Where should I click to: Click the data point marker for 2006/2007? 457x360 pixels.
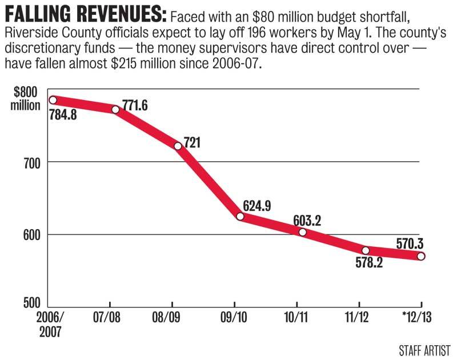pyautogui.click(x=53, y=100)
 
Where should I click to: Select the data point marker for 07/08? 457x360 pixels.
pyautogui.click(x=115, y=109)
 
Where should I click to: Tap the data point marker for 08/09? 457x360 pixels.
pyautogui.click(x=178, y=146)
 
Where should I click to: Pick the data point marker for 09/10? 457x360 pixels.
pyautogui.click(x=240, y=217)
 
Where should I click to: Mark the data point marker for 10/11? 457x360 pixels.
pyautogui.click(x=302, y=232)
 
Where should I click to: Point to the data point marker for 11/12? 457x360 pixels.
pyautogui.click(x=366, y=250)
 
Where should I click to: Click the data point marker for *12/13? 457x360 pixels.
pyautogui.click(x=421, y=257)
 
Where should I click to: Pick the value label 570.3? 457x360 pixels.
pyautogui.click(x=412, y=243)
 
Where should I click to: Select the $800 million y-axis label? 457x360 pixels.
pyautogui.click(x=26, y=99)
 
